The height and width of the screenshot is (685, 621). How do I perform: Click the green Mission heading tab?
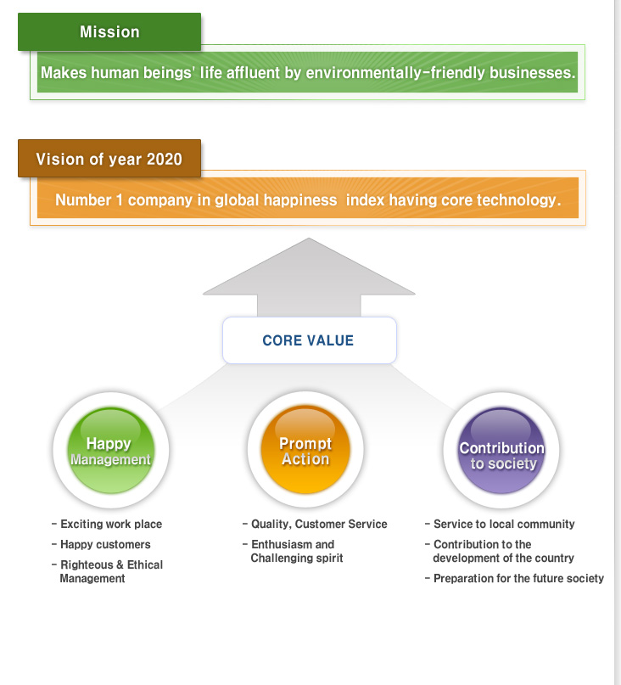point(109,32)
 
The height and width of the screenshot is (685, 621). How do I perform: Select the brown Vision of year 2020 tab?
point(109,159)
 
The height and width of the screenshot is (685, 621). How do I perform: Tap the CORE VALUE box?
point(309,340)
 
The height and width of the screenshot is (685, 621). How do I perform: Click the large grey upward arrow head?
point(309,267)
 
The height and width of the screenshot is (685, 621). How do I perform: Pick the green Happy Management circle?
point(111,451)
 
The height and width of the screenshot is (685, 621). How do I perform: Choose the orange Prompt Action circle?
point(305,450)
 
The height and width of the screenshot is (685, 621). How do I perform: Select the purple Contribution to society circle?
point(501,451)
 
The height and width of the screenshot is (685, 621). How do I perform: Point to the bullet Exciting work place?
point(107,524)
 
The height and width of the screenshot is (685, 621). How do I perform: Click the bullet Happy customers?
point(101,544)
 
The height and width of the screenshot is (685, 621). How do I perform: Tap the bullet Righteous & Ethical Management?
point(107,571)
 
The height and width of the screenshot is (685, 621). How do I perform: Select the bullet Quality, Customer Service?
point(315,524)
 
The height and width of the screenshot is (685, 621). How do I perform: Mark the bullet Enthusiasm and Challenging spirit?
point(293,551)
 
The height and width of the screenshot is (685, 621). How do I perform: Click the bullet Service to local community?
point(500,524)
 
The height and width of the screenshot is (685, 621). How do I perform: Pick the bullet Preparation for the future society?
point(514,578)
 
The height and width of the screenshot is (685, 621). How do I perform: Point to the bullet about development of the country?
point(500,551)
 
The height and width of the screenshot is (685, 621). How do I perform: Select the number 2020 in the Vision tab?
point(165,159)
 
